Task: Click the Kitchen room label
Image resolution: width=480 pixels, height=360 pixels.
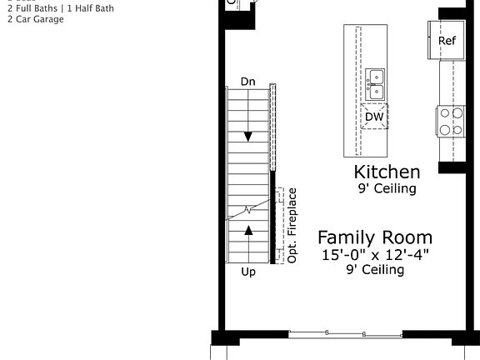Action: (x=387, y=172)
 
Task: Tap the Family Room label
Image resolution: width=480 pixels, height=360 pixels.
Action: (x=375, y=237)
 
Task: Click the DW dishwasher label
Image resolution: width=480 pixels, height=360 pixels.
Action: (x=374, y=117)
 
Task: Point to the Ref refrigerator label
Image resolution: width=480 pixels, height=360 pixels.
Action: (x=447, y=41)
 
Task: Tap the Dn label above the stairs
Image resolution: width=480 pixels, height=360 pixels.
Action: (x=247, y=82)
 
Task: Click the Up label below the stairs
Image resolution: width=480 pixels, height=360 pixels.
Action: (x=248, y=272)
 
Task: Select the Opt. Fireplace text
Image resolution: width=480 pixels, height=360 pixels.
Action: (x=292, y=226)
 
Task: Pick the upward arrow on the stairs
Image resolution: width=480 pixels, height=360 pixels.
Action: (x=248, y=229)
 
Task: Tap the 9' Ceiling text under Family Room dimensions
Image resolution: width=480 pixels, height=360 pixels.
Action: (x=376, y=270)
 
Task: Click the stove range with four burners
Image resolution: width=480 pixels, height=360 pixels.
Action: (x=452, y=122)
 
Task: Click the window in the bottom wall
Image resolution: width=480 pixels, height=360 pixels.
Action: (x=345, y=334)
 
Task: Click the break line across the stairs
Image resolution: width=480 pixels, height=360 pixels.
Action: (x=249, y=208)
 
